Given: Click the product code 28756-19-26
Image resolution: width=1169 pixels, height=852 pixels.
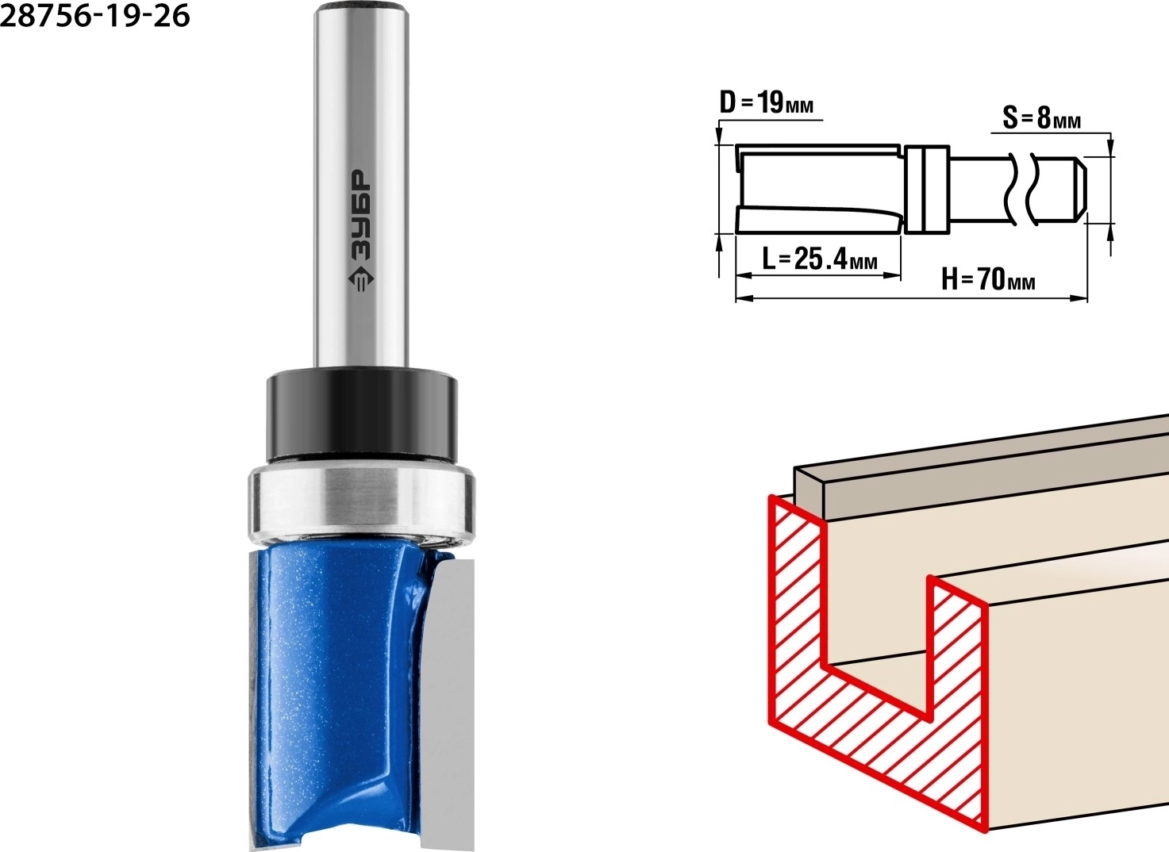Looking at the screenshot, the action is click(95, 16).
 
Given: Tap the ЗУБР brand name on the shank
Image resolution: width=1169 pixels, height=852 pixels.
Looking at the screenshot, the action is click(360, 216).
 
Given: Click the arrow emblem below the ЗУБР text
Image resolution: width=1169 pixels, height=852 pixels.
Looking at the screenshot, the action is click(360, 281).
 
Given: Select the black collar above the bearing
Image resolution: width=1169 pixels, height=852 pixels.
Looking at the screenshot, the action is click(362, 416).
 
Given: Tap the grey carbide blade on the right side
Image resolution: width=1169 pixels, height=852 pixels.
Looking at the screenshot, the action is click(449, 704).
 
